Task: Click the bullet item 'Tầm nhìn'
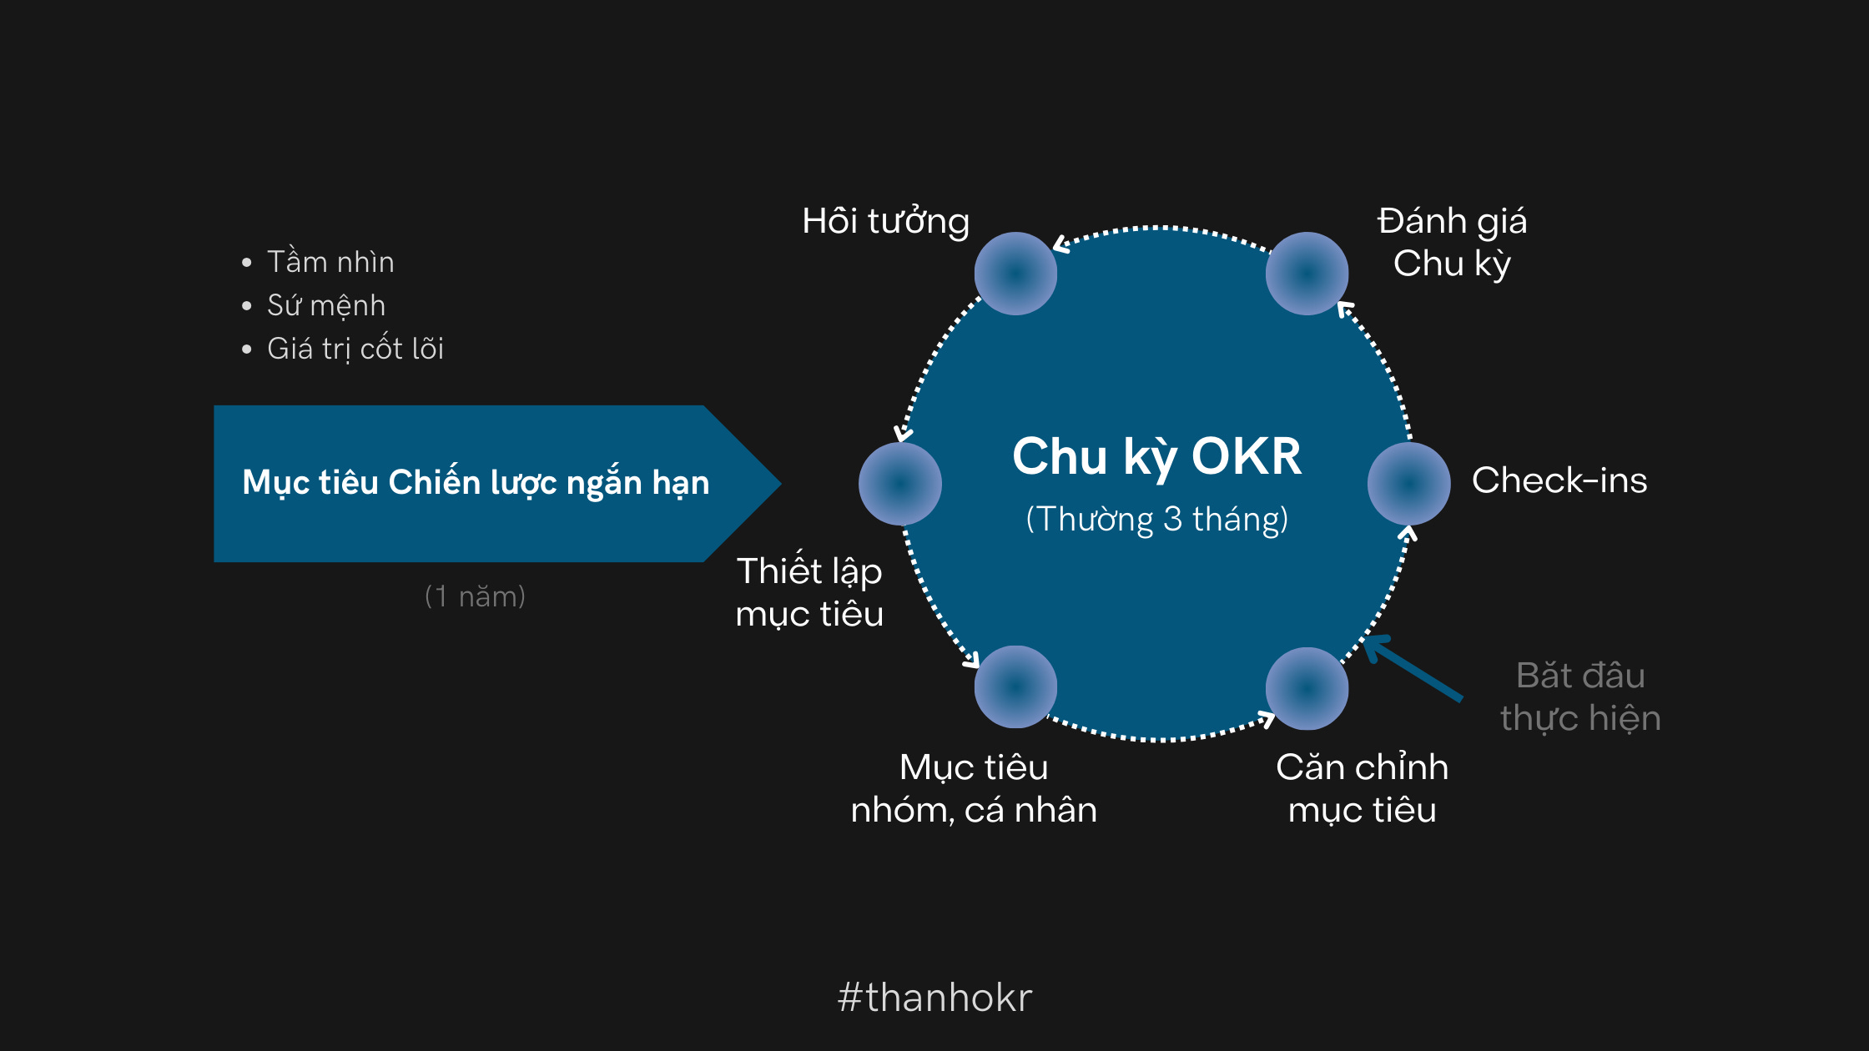coord(330,262)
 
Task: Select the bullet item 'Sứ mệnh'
coord(326,305)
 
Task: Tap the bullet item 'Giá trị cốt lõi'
coord(355,349)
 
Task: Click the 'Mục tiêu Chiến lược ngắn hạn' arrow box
coord(476,483)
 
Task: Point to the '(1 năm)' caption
coord(475,596)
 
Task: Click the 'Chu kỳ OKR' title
coord(1156,456)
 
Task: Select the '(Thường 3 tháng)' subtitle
coord(1156,519)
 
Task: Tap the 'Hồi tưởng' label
coord(885,222)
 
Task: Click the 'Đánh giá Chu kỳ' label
coord(1452,242)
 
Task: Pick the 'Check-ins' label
coord(1559,480)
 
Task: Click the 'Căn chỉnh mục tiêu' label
coord(1362,788)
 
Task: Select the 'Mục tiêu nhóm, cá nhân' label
coord(974,788)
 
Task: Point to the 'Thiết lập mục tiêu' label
coord(809,592)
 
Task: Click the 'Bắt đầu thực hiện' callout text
coord(1580,696)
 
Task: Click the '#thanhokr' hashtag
coord(934,998)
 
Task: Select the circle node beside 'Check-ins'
coord(1408,484)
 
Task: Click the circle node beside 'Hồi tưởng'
coord(1015,274)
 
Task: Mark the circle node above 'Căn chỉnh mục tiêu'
coord(1307,688)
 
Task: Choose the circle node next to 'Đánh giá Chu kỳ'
coord(1307,274)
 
